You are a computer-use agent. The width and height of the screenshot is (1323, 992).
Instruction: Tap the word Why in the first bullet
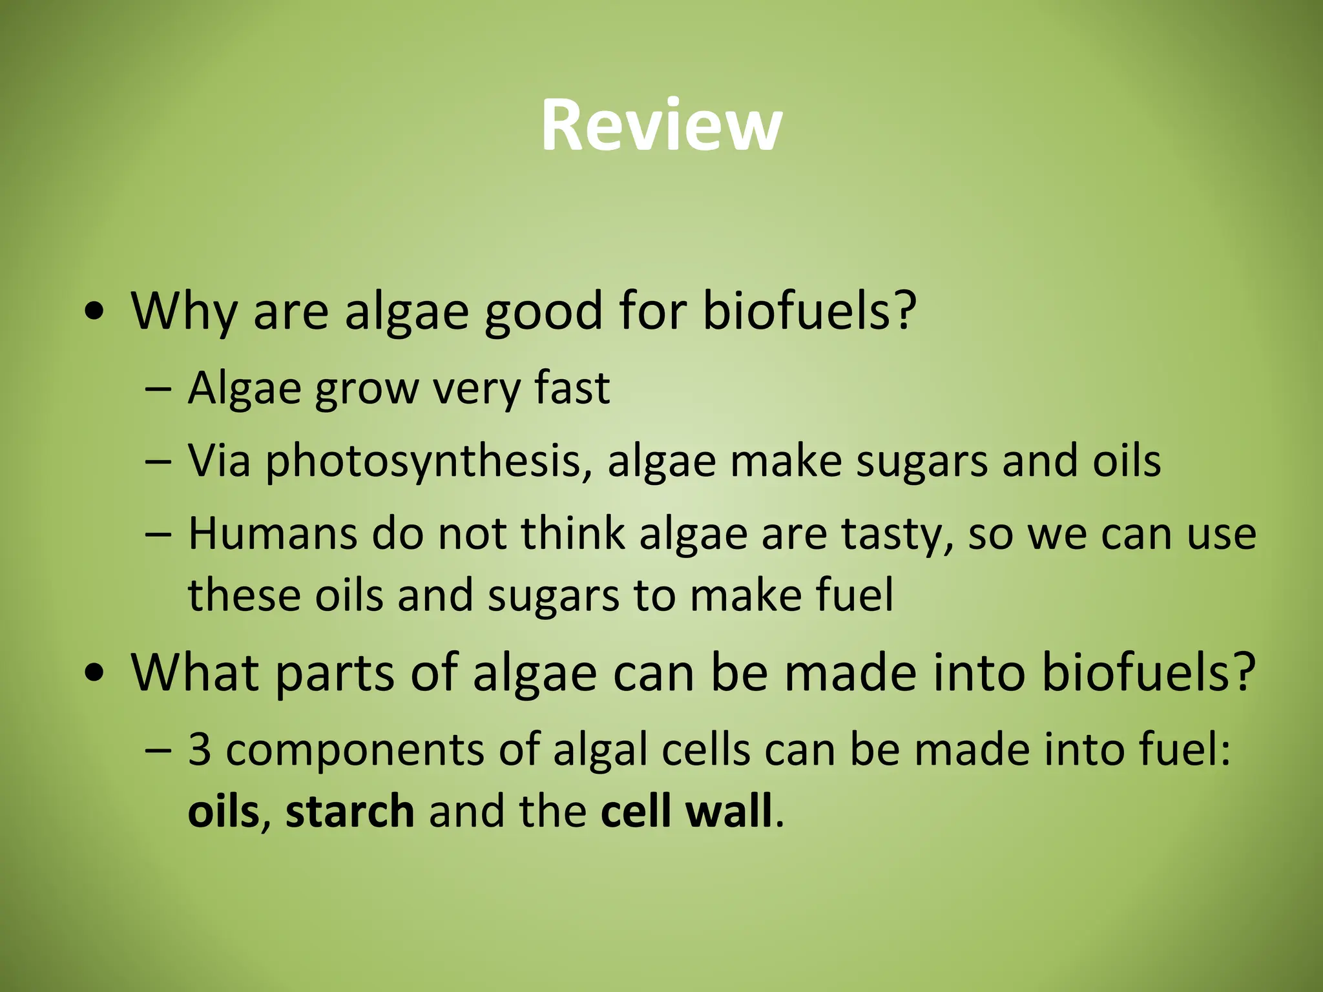184,312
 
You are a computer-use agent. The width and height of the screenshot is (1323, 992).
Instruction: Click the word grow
366,389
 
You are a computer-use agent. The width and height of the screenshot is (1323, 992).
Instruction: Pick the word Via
219,461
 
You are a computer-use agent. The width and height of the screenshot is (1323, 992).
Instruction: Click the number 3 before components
200,750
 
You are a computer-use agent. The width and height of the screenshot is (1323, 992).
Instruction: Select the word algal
600,750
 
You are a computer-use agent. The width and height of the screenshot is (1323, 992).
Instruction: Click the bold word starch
349,812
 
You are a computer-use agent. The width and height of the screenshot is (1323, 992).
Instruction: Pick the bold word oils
223,812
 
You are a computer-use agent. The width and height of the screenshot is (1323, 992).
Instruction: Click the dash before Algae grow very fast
159,390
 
